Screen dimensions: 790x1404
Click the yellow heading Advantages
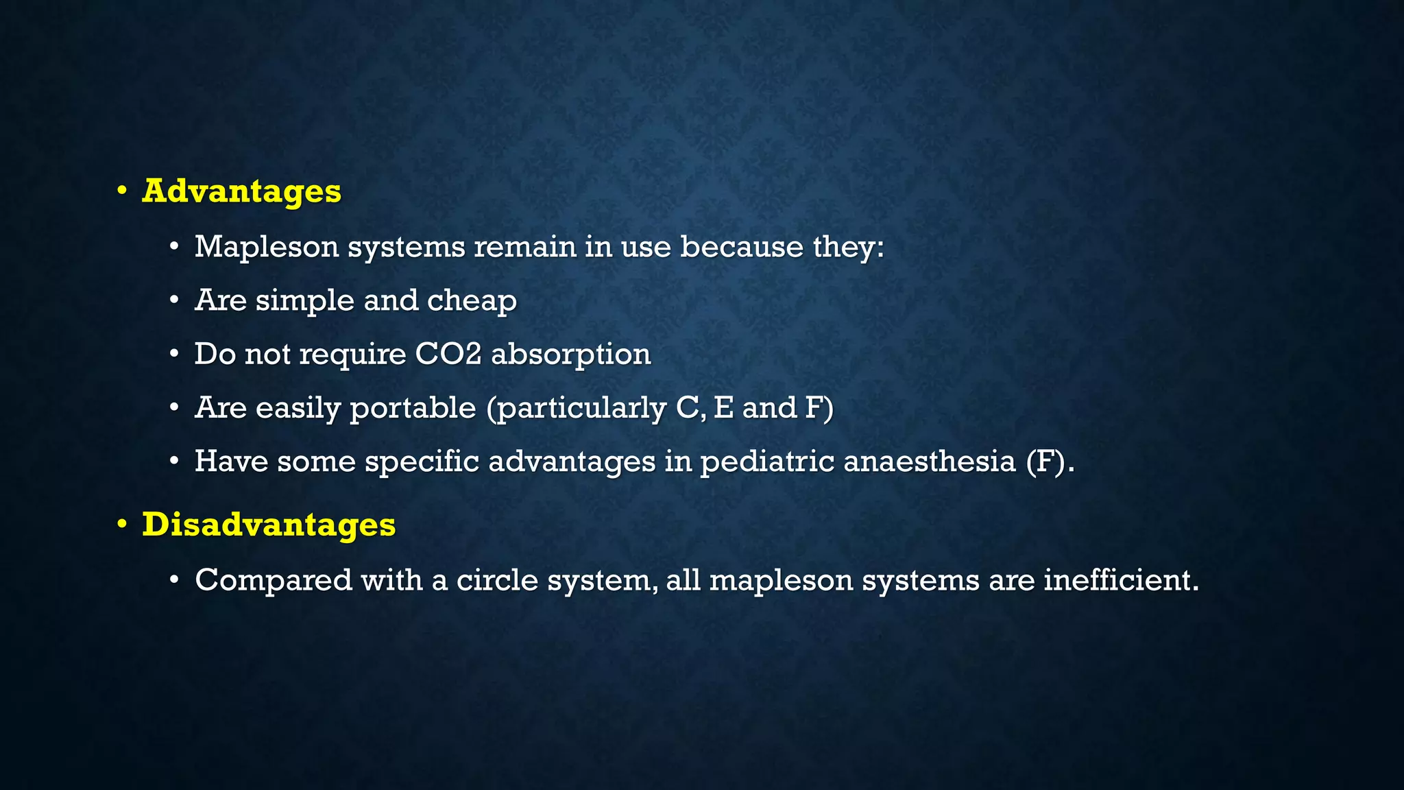point(241,191)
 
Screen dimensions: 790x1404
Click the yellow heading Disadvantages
point(269,525)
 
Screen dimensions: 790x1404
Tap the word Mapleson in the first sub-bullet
point(267,247)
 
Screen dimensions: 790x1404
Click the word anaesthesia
point(930,462)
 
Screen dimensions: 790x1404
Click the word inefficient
point(1120,580)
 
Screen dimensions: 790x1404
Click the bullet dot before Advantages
point(122,191)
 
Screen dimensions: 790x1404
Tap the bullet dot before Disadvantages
point(122,525)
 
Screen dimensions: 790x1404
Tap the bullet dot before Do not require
point(175,355)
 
